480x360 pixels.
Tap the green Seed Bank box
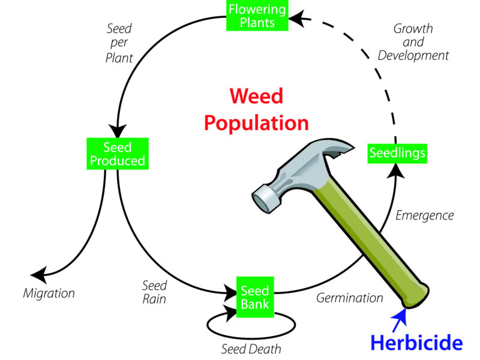255,296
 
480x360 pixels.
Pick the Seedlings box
397,152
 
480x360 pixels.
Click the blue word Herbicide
416,342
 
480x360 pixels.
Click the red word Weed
256,96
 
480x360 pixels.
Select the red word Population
256,123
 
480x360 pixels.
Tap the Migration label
49,293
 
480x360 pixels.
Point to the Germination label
349,298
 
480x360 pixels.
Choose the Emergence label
424,215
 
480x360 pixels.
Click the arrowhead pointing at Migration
38,275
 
